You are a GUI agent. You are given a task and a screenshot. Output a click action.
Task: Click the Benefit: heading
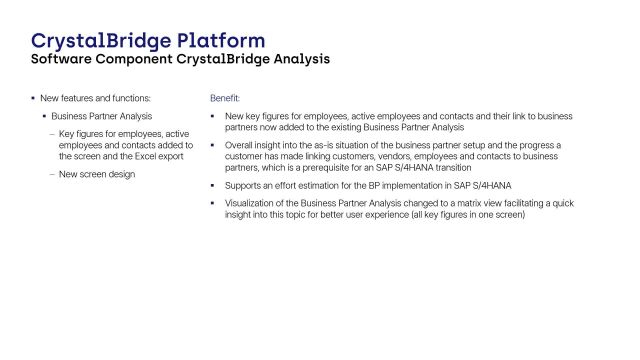tap(224, 98)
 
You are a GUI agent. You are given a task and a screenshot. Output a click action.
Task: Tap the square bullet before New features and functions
tap(32, 98)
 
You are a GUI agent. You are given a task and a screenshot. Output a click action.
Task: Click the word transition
tap(451, 167)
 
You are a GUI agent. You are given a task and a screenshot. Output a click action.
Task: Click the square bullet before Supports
tap(213, 185)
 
